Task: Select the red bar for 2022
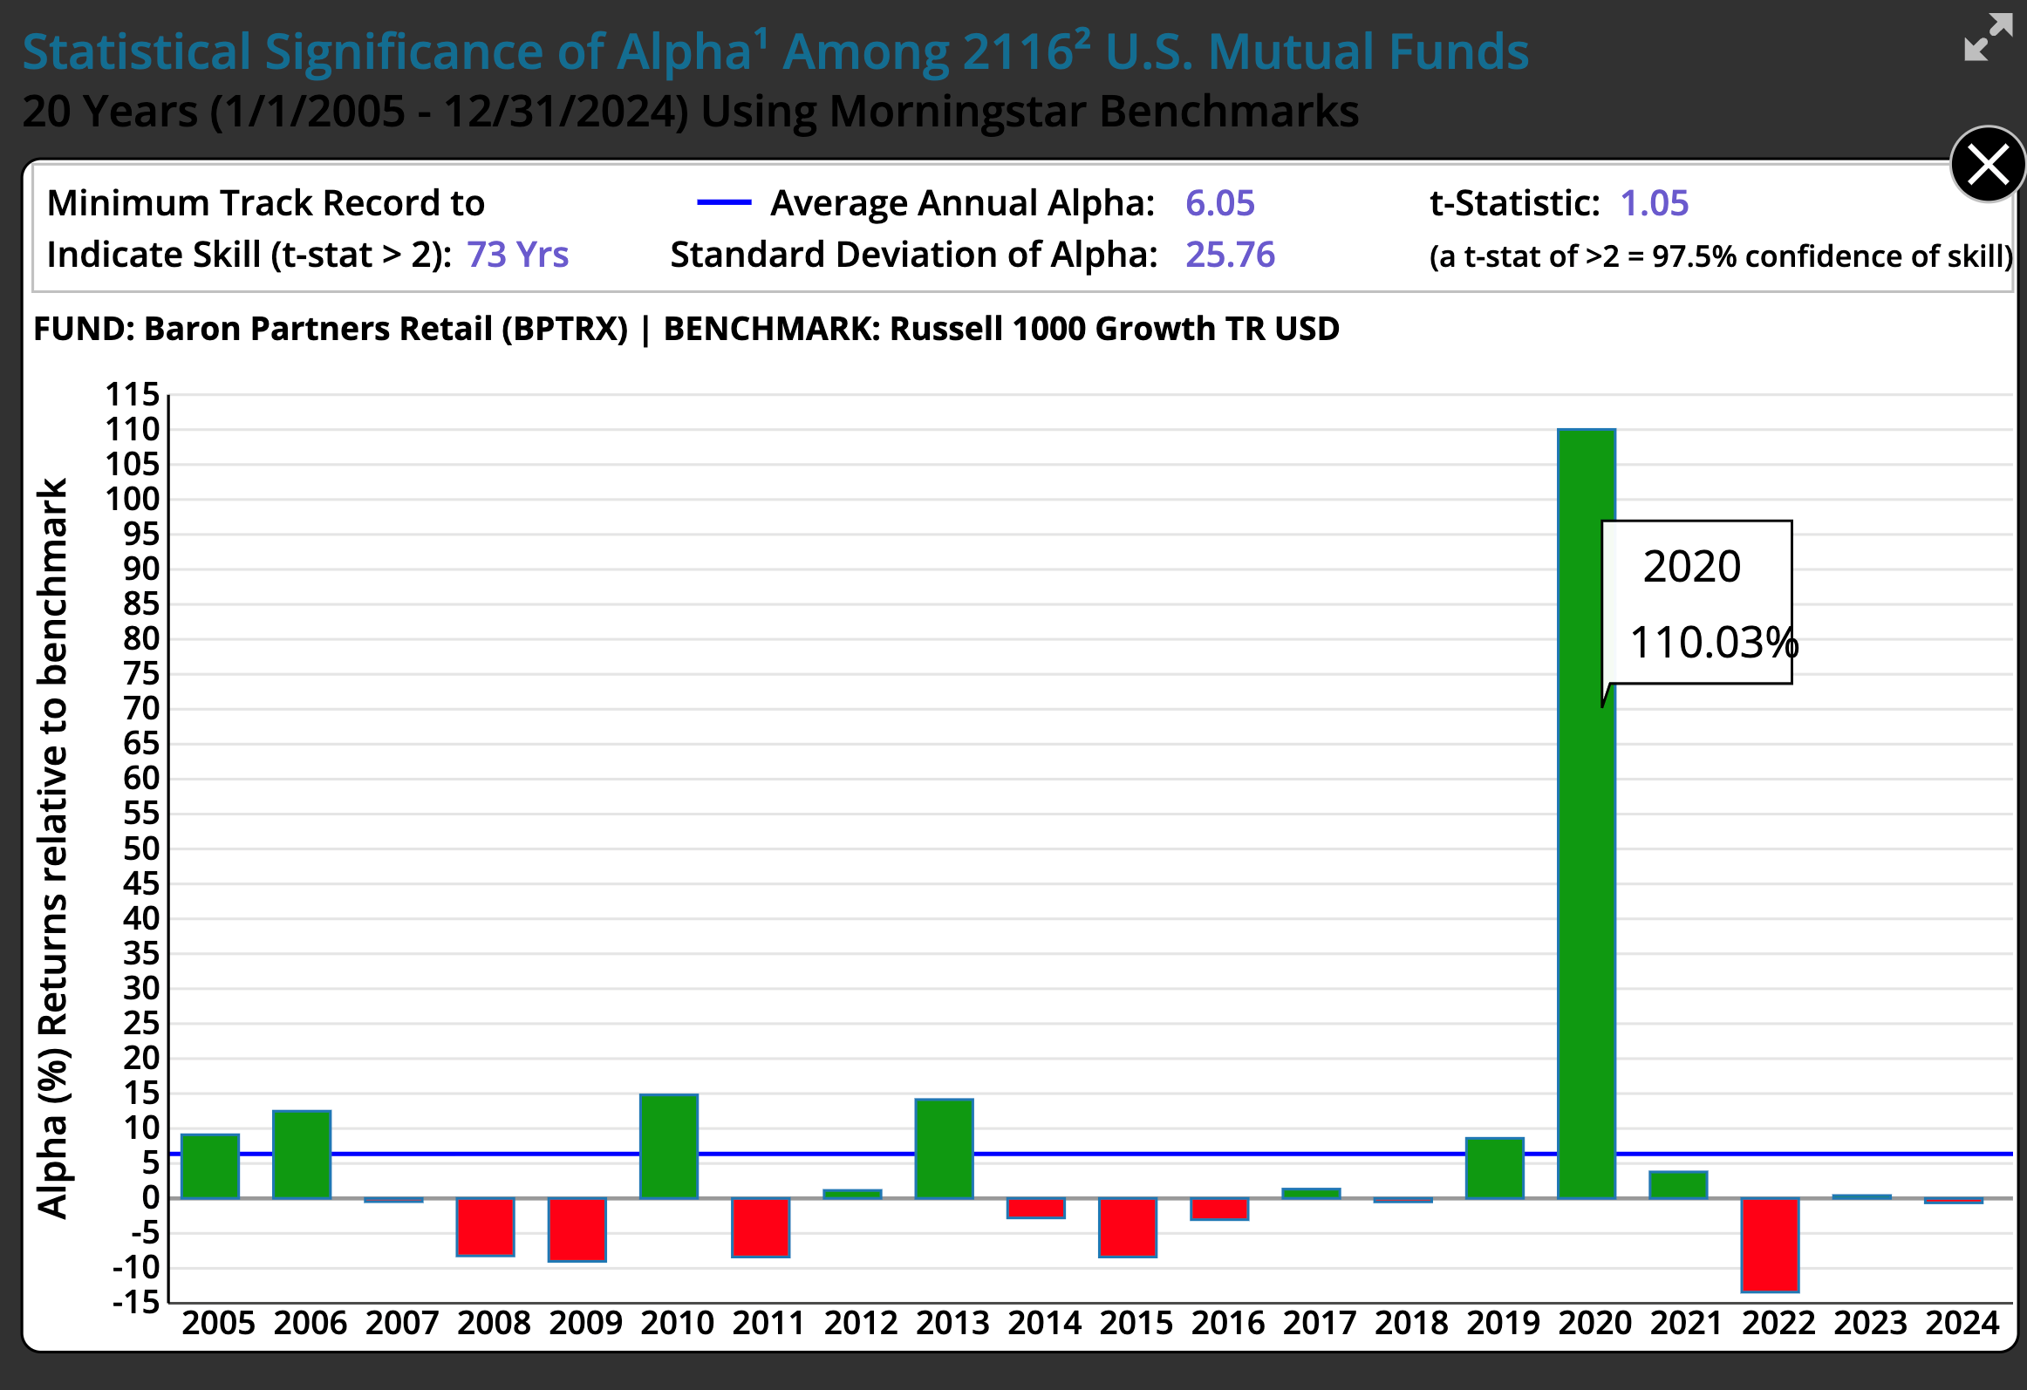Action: [1770, 1244]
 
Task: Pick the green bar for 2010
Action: [668, 1146]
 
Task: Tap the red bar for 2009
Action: [577, 1230]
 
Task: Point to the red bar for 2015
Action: [1127, 1227]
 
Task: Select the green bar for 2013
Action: [944, 1148]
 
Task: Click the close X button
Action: [1988, 165]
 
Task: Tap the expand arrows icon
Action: [1988, 37]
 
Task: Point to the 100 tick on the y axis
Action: [133, 499]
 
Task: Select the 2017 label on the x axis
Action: [1320, 1323]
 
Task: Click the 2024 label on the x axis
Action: [1962, 1323]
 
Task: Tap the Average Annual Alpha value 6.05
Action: [1219, 203]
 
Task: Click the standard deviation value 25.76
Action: [1230, 255]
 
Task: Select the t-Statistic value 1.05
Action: [1654, 203]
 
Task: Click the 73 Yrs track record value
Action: [517, 255]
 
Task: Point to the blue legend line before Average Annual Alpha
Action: [724, 203]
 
